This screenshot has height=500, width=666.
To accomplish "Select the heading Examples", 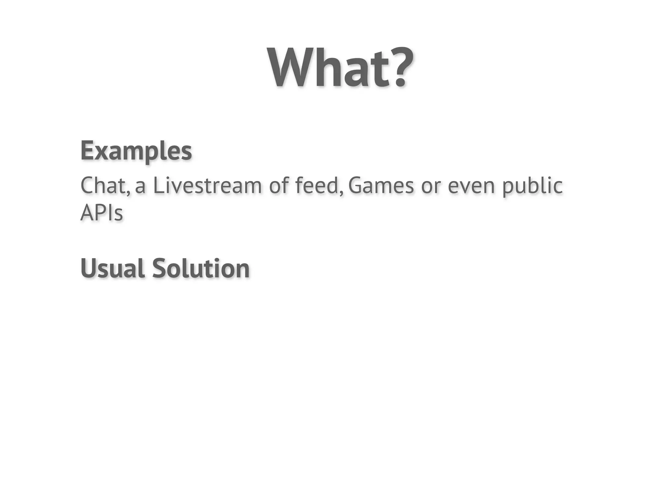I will (x=136, y=151).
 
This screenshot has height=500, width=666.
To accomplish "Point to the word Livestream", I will (x=207, y=185).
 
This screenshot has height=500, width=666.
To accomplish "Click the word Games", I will (x=381, y=185).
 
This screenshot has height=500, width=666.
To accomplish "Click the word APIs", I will (x=101, y=213).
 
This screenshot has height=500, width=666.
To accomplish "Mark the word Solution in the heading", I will (x=201, y=269).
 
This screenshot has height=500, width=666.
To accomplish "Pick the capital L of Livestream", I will (x=158, y=185).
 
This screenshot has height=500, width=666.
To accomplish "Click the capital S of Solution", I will (x=159, y=269).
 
